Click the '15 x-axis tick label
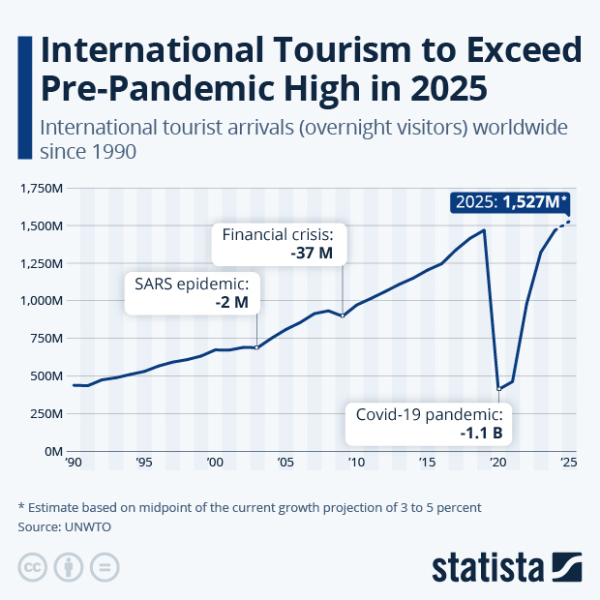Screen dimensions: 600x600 (x=427, y=463)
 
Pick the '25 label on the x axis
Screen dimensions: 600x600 (x=569, y=463)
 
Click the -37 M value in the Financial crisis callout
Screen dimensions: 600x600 (x=312, y=255)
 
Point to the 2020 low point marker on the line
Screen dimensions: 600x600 (x=498, y=389)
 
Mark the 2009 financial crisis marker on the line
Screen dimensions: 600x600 (x=343, y=315)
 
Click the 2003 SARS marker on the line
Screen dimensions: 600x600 (x=256, y=347)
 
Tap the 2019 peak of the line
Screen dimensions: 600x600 (x=484, y=229)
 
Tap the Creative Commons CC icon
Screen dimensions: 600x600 (x=34, y=567)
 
